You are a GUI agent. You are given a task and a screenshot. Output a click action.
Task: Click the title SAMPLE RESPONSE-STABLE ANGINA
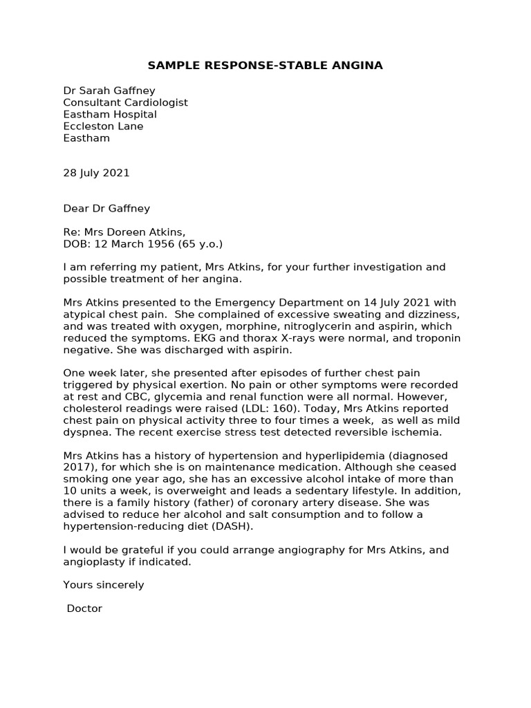click(265, 66)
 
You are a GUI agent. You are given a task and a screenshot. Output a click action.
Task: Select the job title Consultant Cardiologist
click(125, 102)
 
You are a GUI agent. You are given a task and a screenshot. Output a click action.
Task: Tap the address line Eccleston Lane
click(103, 127)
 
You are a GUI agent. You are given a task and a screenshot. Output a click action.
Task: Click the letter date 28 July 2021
click(96, 173)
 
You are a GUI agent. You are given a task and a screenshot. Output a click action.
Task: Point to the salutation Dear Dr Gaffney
click(106, 208)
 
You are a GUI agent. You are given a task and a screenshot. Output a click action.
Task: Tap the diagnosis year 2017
click(76, 468)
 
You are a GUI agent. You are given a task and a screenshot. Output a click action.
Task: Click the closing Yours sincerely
click(104, 585)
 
